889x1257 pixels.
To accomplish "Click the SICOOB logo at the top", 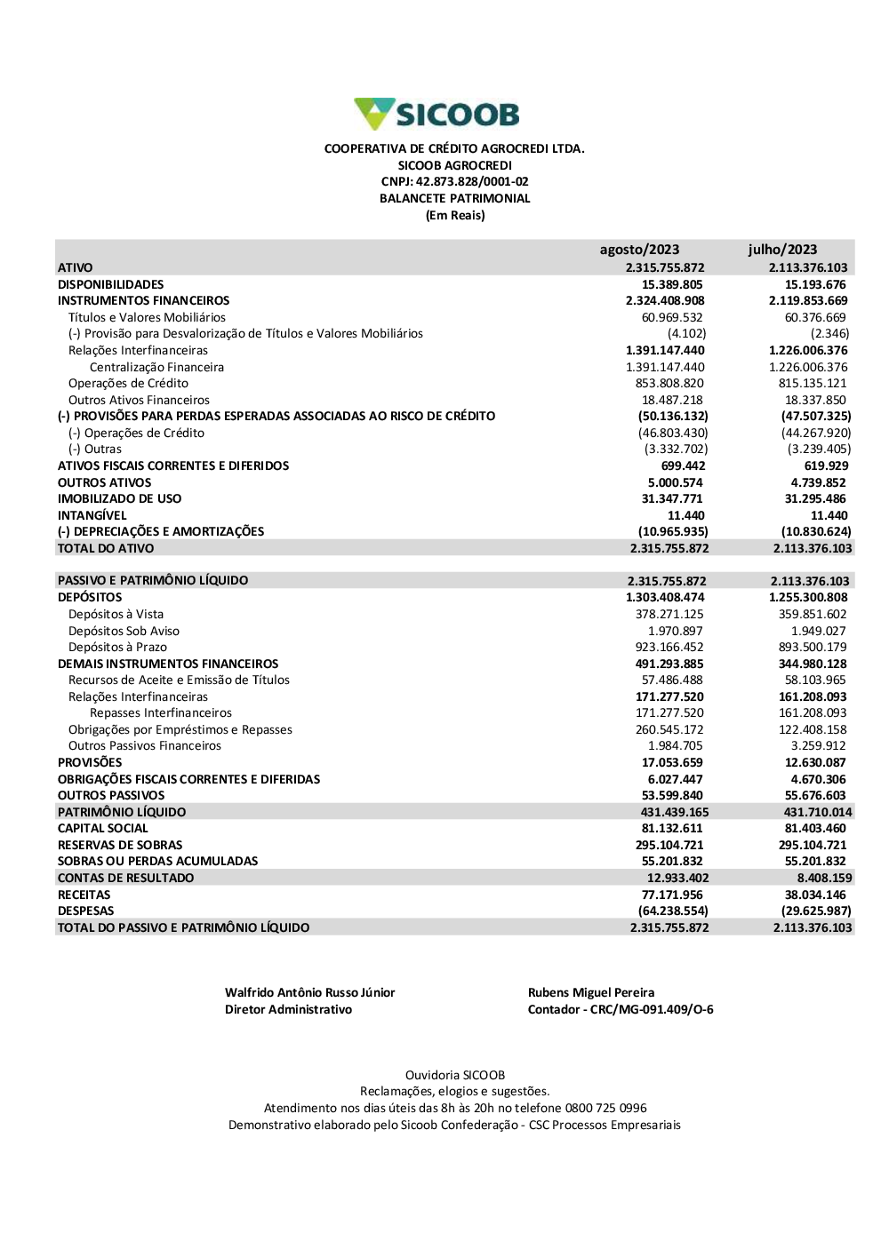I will [x=436, y=114].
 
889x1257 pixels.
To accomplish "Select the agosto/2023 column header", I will [x=639, y=250].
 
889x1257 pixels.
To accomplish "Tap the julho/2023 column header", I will [x=782, y=250].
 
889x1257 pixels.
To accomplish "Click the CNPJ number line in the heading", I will [x=454, y=181].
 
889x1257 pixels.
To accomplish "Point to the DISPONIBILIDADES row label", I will [x=110, y=284].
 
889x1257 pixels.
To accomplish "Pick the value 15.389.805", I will [x=672, y=284].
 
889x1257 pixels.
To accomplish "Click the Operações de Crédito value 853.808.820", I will [x=669, y=383].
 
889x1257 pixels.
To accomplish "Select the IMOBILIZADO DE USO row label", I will [x=119, y=498].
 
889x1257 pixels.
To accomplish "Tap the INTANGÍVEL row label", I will [x=92, y=515].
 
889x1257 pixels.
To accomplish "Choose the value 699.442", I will [x=683, y=465].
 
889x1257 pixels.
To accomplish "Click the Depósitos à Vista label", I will [x=116, y=614].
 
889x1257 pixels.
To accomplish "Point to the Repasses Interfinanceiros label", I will [x=160, y=712].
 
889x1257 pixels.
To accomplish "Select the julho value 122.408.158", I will [x=813, y=729].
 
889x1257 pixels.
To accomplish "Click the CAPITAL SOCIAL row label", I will [x=102, y=828].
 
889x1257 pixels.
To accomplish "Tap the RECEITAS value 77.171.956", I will [x=672, y=895].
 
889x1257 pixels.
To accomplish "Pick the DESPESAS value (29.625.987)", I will [x=816, y=911].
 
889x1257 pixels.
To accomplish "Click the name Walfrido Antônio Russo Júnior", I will [x=309, y=992].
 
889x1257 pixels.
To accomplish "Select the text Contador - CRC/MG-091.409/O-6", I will [x=620, y=1009].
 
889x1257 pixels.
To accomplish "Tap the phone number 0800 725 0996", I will [x=605, y=1108].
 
